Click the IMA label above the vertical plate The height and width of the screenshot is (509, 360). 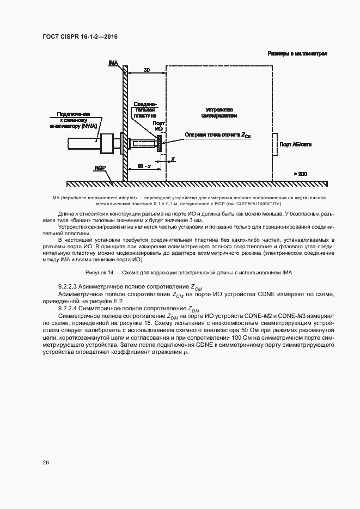113,64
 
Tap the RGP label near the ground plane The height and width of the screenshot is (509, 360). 99,168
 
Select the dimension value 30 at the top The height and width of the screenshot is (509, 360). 147,70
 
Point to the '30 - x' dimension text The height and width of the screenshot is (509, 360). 144,165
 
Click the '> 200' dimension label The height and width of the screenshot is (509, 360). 300,173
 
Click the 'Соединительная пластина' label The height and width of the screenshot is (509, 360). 145,109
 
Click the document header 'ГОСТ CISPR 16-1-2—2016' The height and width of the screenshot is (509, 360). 80,36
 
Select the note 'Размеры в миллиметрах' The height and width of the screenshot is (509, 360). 297,54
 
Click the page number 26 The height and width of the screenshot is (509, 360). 46,462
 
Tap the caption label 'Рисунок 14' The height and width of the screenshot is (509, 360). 100,272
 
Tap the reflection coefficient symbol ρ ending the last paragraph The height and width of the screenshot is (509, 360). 185,352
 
